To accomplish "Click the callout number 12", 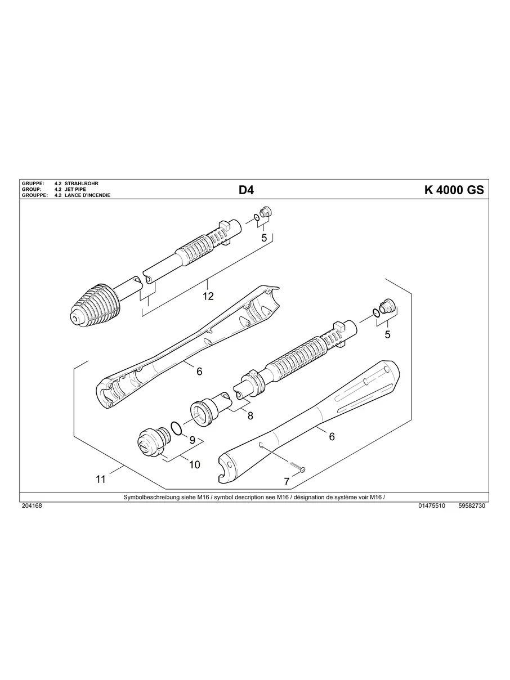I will click(x=208, y=296).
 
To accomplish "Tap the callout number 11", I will click(x=101, y=480).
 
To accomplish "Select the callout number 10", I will click(x=194, y=464).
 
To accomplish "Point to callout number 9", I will click(x=192, y=440).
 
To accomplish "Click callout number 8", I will click(x=250, y=416).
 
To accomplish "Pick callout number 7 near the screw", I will click(x=287, y=481).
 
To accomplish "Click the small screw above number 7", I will click(x=297, y=467).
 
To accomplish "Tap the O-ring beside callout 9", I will click(x=176, y=429).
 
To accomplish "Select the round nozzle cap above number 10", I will click(x=150, y=442).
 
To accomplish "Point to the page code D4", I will click(x=246, y=190).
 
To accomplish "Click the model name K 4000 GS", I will click(x=454, y=190).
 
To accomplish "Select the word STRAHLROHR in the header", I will click(x=82, y=184).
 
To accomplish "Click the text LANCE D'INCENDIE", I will click(x=87, y=195).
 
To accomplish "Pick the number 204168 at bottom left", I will click(x=31, y=506).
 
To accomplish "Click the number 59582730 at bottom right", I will click(x=472, y=506).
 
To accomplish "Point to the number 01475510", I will click(x=432, y=506).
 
